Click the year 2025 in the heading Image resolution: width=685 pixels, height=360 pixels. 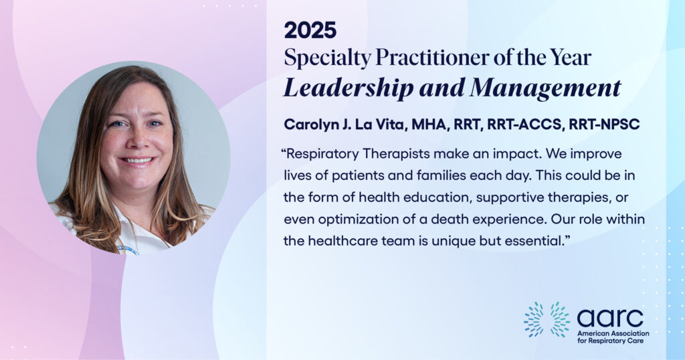coord(310,30)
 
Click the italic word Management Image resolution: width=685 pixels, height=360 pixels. coord(545,88)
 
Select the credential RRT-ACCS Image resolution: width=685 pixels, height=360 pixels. coord(525,124)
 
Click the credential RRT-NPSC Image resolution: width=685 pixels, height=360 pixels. coord(604,124)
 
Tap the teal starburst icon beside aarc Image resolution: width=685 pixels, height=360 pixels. coord(547,319)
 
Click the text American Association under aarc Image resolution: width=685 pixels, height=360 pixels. coord(613,333)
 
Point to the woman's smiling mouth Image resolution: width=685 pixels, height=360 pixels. coord(137,161)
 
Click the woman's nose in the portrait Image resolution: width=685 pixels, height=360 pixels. coord(136,140)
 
